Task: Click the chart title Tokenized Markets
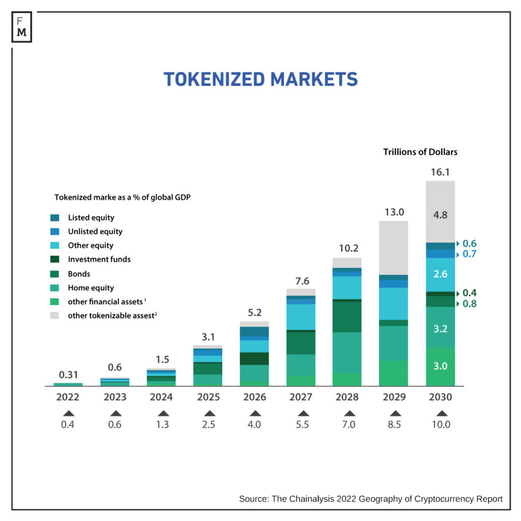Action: (260, 79)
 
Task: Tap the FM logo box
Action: (22, 26)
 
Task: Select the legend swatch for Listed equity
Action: (55, 218)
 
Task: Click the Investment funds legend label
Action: (99, 259)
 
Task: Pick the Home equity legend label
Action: (91, 288)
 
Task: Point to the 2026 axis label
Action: (254, 397)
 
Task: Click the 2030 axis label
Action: (441, 397)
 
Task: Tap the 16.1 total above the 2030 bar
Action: (441, 172)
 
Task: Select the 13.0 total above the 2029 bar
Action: (394, 212)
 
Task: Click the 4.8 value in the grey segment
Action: (441, 215)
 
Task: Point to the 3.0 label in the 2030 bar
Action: (441, 366)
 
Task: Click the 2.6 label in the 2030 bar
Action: (441, 274)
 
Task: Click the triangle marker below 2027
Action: (303, 413)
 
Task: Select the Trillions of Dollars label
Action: (420, 152)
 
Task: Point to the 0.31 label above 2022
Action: (68, 375)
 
